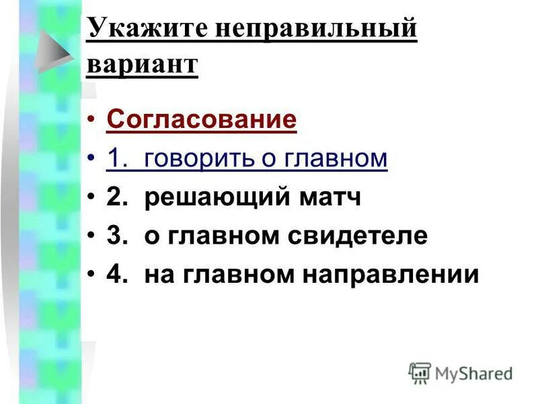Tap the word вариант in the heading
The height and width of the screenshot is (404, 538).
[143, 65]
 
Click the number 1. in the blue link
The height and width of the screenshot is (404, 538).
[118, 158]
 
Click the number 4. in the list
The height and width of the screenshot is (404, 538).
[118, 275]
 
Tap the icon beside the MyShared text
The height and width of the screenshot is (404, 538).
[420, 372]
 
